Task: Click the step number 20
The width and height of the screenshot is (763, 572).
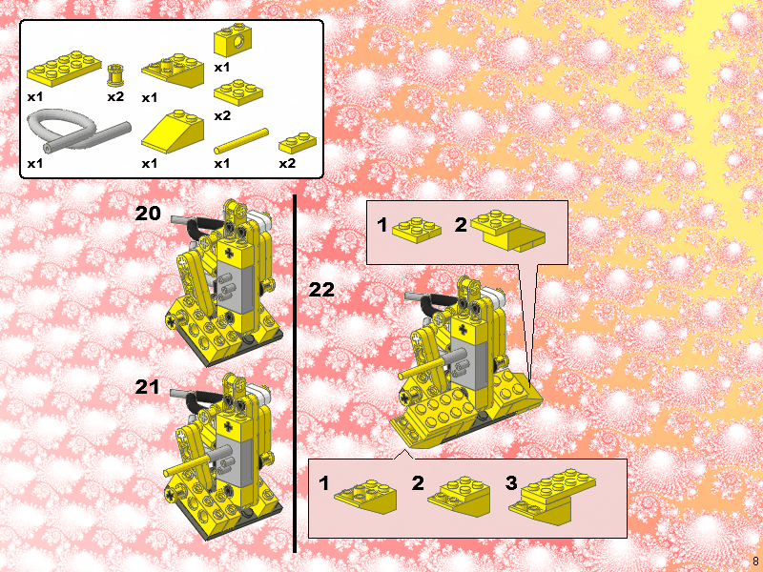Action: (148, 213)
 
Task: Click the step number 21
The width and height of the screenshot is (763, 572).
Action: (148, 387)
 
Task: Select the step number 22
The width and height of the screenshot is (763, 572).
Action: (321, 290)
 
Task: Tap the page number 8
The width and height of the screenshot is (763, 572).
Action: (755, 561)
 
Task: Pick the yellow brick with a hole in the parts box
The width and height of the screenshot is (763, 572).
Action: (233, 41)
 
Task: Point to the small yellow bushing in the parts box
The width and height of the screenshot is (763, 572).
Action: (114, 75)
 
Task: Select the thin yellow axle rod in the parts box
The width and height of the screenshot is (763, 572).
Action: (241, 141)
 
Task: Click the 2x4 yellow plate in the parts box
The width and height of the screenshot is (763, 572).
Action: (64, 68)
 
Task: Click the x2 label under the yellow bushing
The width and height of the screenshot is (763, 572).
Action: (115, 97)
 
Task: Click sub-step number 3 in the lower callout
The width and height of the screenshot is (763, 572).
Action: (511, 483)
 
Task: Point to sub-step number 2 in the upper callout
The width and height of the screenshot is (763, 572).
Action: (461, 225)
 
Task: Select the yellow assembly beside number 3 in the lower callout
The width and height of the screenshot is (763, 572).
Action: (553, 496)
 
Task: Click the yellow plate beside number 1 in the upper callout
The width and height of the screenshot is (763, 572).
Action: (417, 229)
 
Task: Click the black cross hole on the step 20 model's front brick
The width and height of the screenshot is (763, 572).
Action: (228, 253)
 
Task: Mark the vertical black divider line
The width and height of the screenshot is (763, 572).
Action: (295, 374)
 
